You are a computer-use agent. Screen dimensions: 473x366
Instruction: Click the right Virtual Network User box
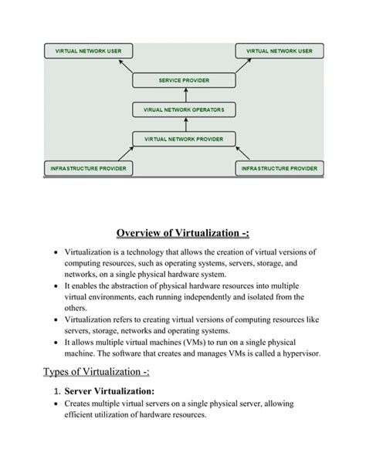279,51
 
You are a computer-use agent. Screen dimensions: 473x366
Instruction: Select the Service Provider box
183,80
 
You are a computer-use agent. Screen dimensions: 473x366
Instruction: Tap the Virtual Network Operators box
183,110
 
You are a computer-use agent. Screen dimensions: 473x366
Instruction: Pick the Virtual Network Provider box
183,139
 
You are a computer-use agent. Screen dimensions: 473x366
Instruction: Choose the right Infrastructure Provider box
279,167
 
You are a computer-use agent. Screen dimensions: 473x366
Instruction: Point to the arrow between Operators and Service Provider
183,95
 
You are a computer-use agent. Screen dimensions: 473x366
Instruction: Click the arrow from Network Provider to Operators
183,124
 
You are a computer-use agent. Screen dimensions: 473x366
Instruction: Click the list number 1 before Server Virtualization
59,391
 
